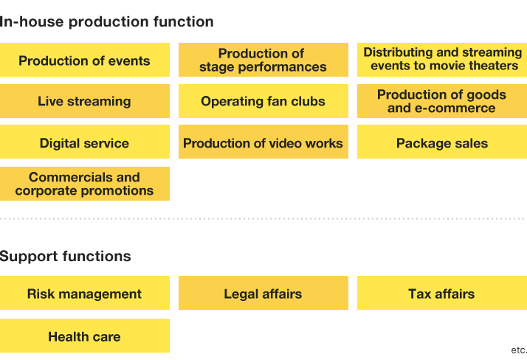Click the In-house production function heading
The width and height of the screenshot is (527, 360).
[106, 22]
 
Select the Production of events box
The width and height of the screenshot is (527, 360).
[85, 60]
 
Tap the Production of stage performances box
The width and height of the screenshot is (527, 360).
[263, 60]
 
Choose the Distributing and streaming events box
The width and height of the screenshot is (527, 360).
[442, 60]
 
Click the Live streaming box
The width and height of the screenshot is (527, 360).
[85, 101]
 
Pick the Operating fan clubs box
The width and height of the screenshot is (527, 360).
[263, 101]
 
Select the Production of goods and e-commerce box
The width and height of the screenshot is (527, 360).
[442, 101]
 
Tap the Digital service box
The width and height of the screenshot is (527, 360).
[85, 142]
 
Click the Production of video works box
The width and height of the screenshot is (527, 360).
[263, 142]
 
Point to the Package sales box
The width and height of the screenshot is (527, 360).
[442, 142]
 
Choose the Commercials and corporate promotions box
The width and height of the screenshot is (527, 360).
[85, 184]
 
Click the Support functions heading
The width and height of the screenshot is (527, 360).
[65, 256]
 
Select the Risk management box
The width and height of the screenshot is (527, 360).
[85, 293]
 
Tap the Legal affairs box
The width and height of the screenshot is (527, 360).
[263, 293]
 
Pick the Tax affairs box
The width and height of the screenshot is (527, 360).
[442, 293]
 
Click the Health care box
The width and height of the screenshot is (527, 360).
[85, 336]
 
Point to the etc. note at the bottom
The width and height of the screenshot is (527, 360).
[519, 350]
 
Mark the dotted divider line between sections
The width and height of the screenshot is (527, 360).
[263, 218]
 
